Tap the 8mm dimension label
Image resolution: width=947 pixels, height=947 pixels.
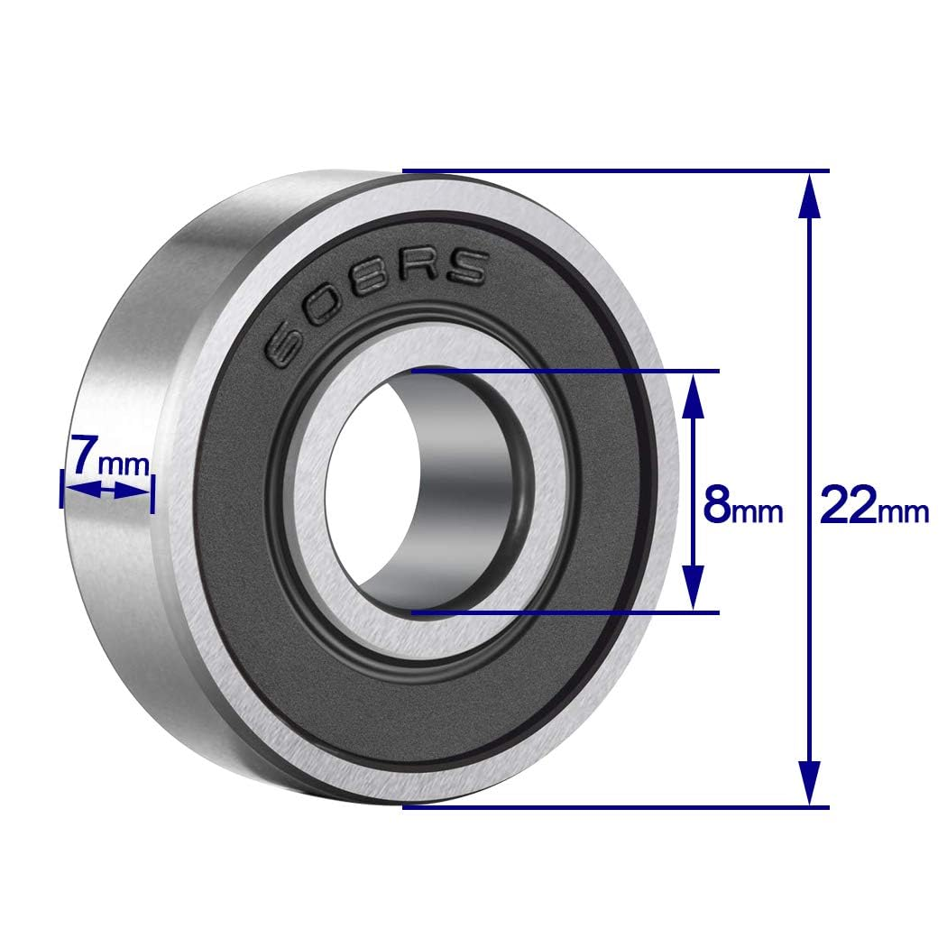[x=742, y=508]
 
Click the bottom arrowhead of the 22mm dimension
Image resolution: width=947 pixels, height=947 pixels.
[x=810, y=783]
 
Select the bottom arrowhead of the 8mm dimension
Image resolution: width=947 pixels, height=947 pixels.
[x=692, y=590]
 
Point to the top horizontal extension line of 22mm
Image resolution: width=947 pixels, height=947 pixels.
[x=613, y=170]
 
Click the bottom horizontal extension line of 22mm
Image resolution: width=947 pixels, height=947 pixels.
[x=613, y=806]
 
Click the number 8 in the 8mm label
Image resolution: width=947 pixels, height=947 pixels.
[x=717, y=507]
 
